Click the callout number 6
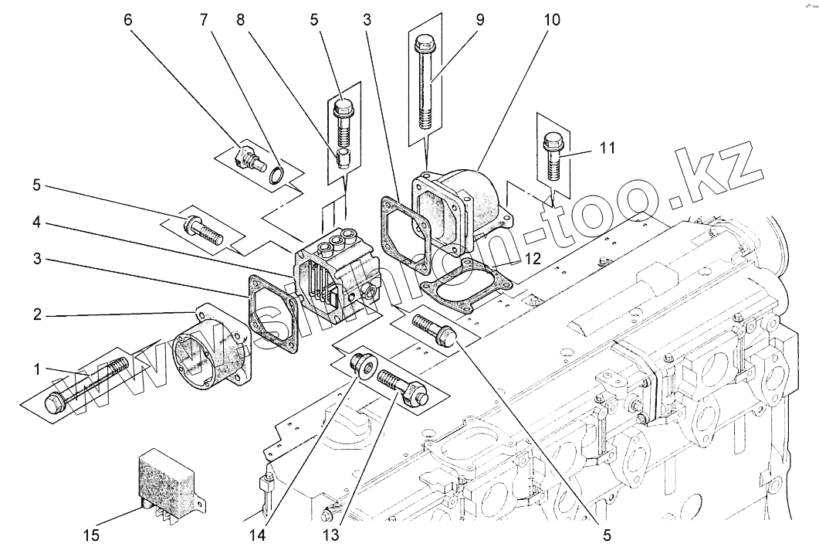(x=128, y=20)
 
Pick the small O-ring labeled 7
(x=276, y=174)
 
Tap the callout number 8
(x=242, y=20)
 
